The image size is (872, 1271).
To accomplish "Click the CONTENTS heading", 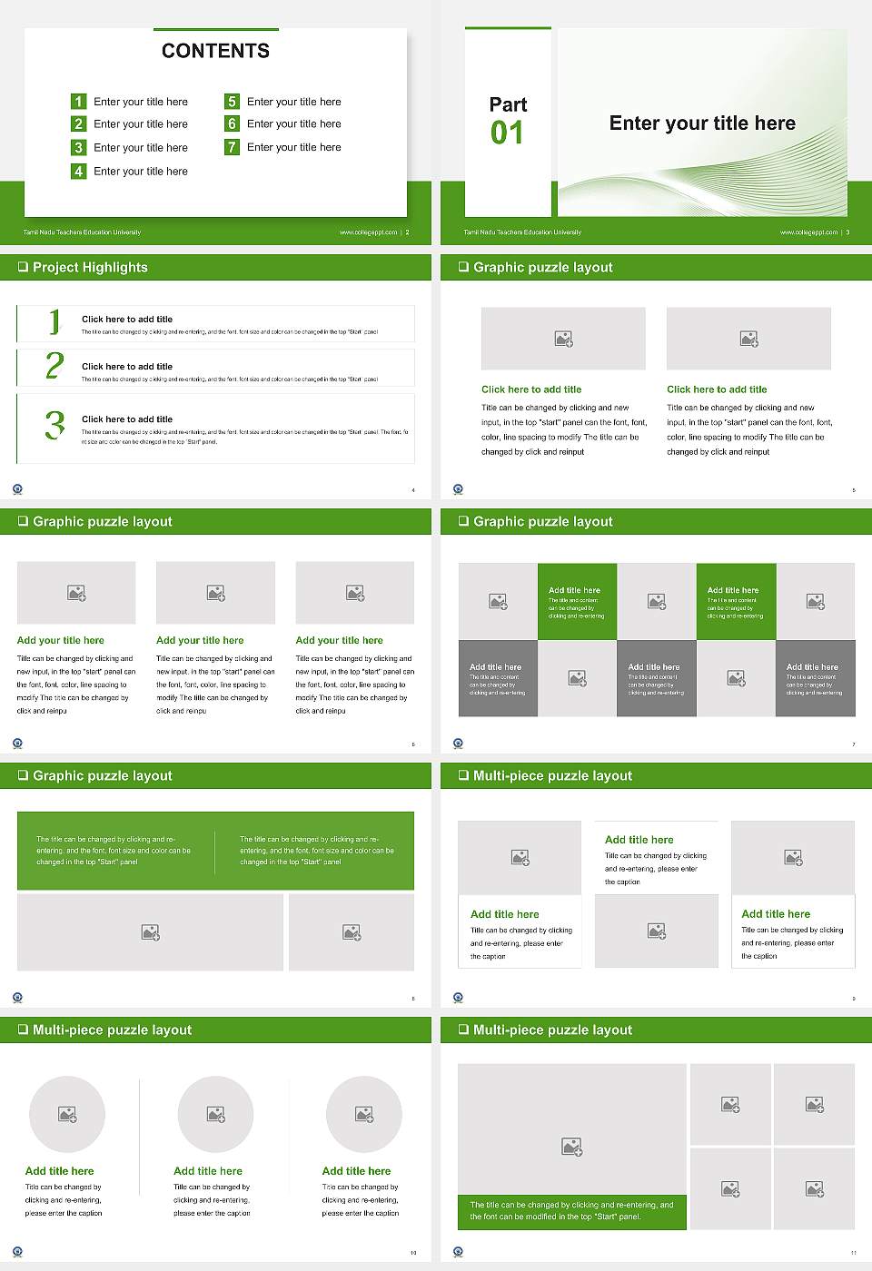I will tap(215, 51).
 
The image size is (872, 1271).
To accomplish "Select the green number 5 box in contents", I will tap(232, 102).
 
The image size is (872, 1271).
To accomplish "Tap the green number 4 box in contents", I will tap(78, 171).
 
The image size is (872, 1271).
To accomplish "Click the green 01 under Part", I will tap(507, 133).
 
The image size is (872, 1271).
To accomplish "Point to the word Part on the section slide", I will tap(508, 104).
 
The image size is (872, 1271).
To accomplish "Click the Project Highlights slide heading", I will tap(90, 267).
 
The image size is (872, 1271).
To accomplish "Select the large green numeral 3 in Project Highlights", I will tap(54, 425).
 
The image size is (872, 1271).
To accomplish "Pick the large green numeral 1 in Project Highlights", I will tap(54, 321).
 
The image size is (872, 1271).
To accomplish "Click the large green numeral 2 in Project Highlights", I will tap(54, 366).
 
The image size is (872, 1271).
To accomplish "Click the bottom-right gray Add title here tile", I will tap(815, 679).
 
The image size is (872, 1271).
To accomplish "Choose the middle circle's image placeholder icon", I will tap(215, 1114).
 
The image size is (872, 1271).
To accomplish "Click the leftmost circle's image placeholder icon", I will tap(67, 1114).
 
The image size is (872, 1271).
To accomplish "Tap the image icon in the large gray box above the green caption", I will tap(571, 1148).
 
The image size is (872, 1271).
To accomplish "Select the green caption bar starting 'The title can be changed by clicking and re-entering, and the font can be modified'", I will tap(571, 1211).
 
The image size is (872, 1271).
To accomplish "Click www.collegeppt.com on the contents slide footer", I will tap(368, 232).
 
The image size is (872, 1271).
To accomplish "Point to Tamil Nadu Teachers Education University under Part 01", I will tap(522, 232).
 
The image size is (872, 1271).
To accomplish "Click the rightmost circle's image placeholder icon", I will tap(364, 1114).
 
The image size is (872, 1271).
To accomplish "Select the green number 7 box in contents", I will tap(232, 147).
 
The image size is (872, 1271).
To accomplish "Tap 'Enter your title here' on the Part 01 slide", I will tap(702, 123).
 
